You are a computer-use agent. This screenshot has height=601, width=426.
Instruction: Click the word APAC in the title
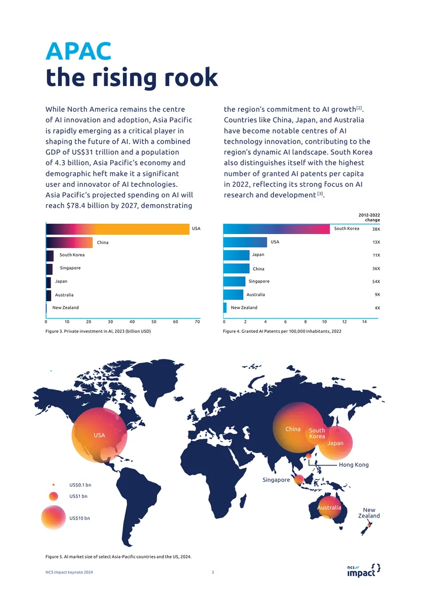[x=79, y=51]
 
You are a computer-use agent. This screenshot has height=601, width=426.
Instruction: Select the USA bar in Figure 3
[x=118, y=229]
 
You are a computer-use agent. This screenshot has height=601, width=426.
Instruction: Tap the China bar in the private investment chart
[x=69, y=242]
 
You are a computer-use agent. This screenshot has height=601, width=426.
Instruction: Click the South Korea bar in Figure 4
[x=276, y=229]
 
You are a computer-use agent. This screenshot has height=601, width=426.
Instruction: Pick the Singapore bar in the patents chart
[x=234, y=281]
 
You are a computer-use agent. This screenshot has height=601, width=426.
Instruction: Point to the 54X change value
[x=376, y=282]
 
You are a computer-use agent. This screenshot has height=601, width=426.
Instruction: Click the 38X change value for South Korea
[x=376, y=229]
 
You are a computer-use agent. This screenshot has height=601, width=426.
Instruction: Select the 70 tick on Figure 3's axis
[x=197, y=322]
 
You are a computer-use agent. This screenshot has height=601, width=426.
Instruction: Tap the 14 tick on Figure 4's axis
[x=364, y=322]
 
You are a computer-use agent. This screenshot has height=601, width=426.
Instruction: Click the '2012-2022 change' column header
[x=369, y=218]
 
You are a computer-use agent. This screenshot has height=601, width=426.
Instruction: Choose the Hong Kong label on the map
[x=354, y=465]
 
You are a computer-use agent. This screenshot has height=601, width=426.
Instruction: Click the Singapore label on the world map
[x=276, y=480]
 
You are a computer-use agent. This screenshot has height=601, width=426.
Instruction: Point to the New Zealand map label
[x=369, y=513]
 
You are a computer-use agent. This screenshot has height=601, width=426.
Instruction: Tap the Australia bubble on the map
[x=329, y=507]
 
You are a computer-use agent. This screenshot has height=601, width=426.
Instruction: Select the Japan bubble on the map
[x=335, y=443]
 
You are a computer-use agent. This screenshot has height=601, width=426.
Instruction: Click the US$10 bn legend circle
[x=54, y=517]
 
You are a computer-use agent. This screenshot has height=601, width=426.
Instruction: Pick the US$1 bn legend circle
[x=53, y=496]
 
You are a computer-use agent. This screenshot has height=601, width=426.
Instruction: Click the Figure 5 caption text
[x=118, y=556]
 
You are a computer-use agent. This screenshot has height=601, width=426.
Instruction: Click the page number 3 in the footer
[x=212, y=572]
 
